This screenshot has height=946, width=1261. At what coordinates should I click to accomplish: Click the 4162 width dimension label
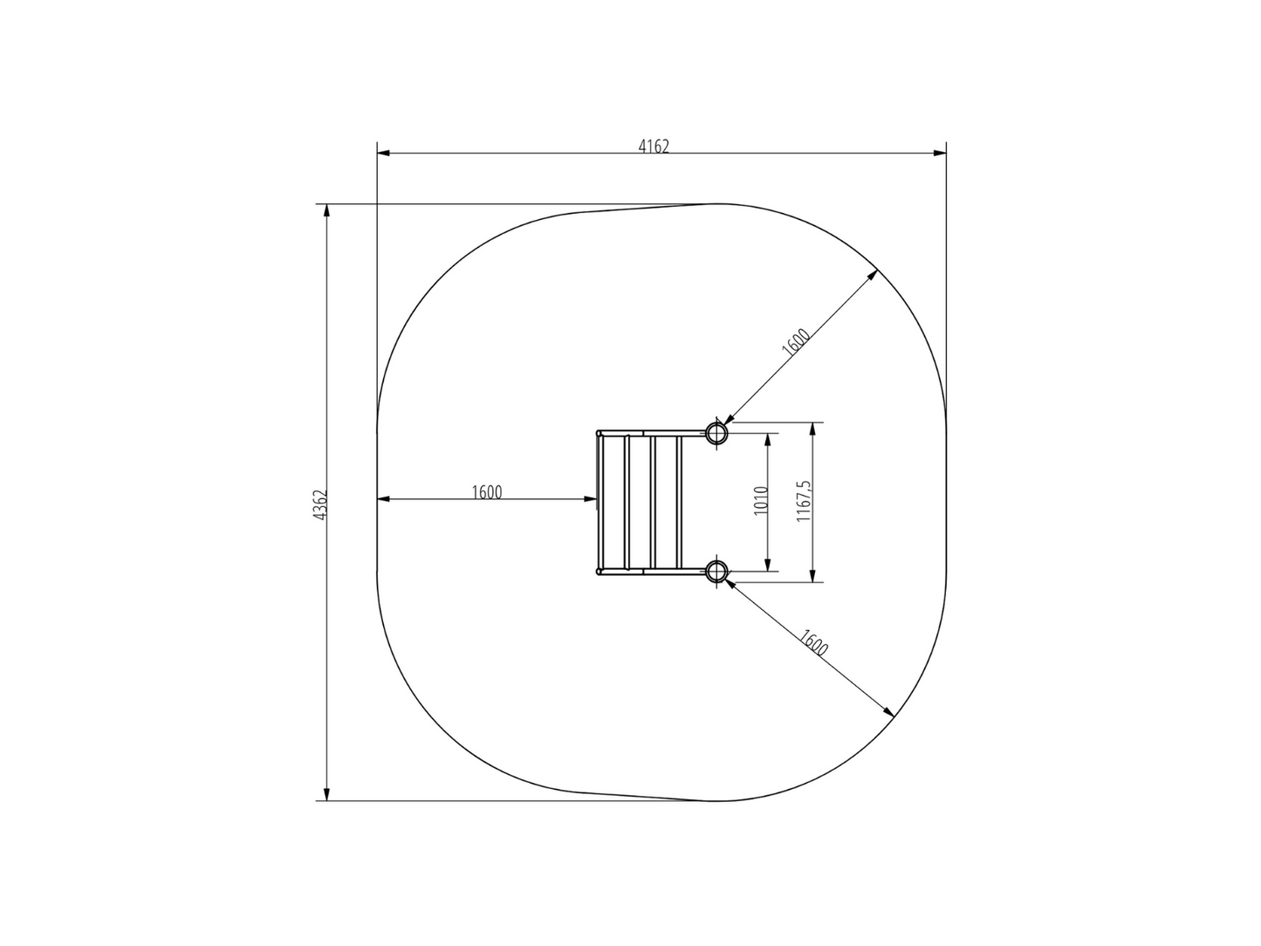[654, 147]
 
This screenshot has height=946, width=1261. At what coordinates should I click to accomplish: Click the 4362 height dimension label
[320, 505]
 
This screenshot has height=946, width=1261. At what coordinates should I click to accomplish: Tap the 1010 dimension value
[761, 500]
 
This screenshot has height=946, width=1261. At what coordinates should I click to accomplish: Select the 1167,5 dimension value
[804, 501]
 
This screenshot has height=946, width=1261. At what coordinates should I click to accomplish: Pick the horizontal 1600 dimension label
[487, 492]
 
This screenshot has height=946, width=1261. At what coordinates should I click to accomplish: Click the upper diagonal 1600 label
[796, 342]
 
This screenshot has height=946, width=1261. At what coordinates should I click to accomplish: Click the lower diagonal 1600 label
[813, 643]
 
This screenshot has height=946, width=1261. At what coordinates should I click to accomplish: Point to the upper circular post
[716, 433]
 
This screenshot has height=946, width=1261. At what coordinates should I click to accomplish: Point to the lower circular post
[716, 571]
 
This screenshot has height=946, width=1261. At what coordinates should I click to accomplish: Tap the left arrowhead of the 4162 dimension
[383, 154]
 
